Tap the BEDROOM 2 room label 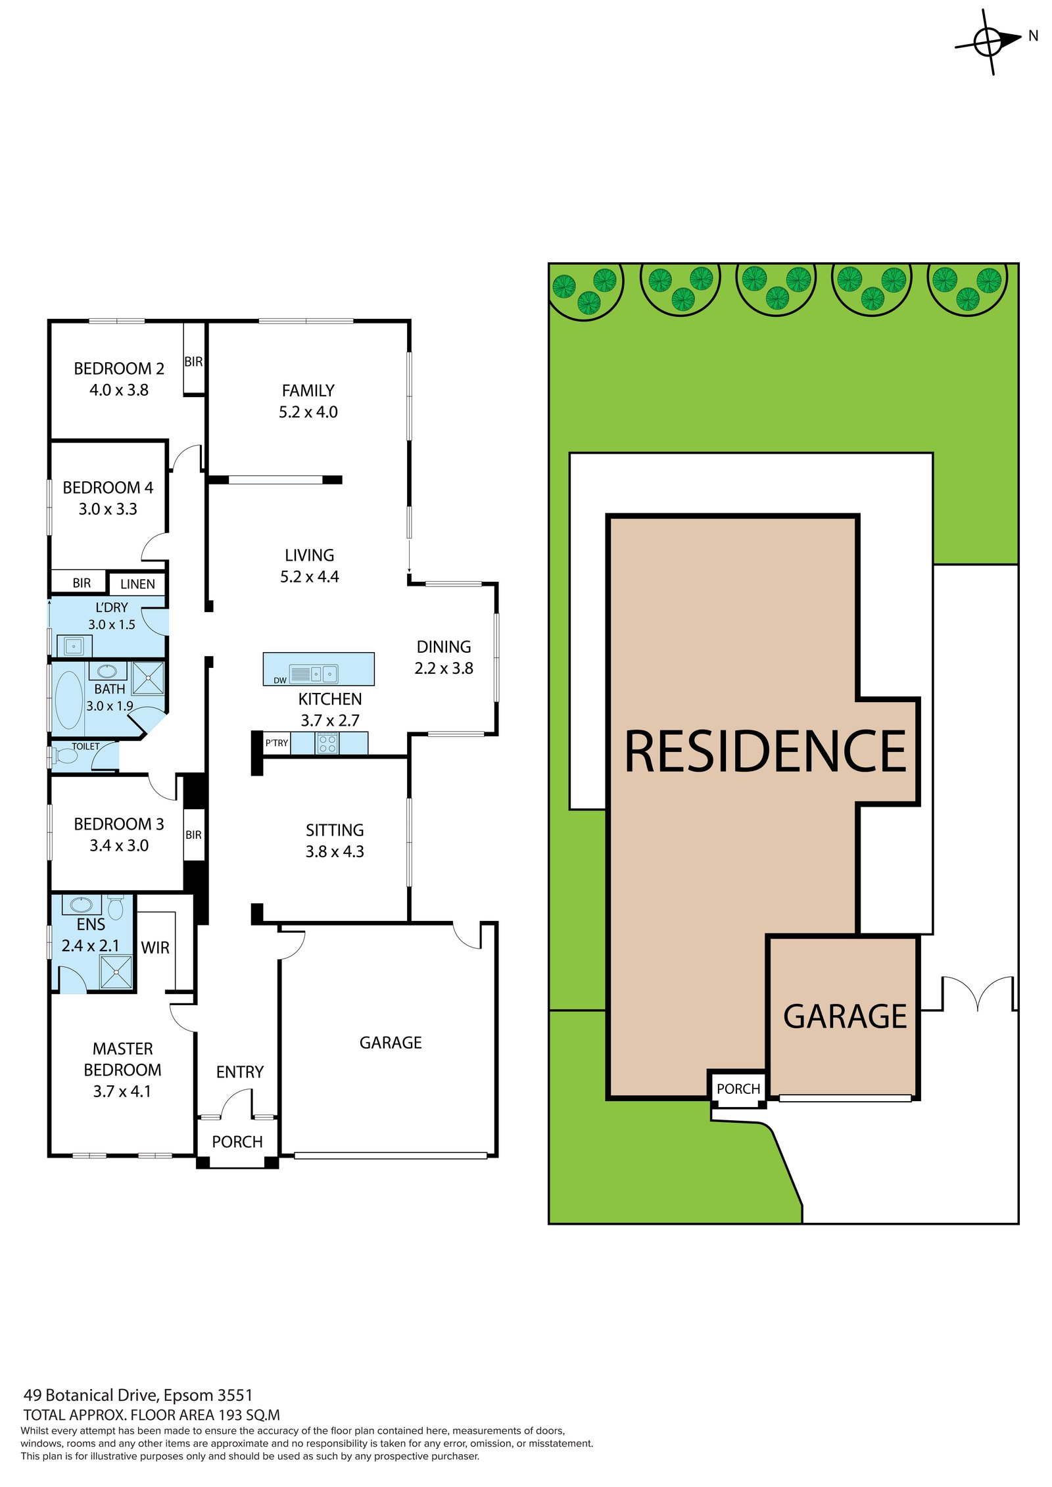[119, 368]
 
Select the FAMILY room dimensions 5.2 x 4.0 [308, 412]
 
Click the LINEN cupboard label [137, 584]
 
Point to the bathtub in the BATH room [69, 699]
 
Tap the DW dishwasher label [280, 680]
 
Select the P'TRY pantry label [277, 743]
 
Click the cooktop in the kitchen [327, 743]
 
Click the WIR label [155, 947]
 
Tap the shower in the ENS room [116, 972]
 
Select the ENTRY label [240, 1072]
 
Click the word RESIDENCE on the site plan [765, 751]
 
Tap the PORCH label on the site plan [738, 1089]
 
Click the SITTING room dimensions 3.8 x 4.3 [335, 852]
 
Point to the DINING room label [444, 647]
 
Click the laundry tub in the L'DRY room [74, 646]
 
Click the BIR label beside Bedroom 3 [193, 835]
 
